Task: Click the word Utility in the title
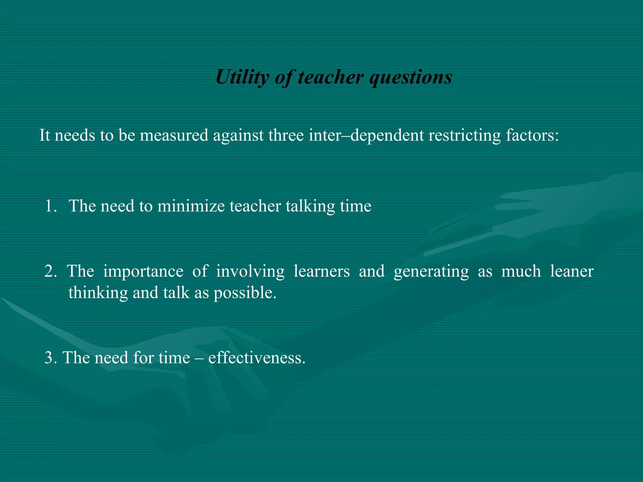(242, 77)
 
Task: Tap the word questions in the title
(411, 77)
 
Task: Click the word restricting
(464, 136)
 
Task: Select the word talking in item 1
(310, 206)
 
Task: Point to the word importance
(143, 271)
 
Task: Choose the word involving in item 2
(250, 271)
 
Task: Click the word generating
(431, 271)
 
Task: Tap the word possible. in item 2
(245, 293)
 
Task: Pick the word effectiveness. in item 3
(257, 358)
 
